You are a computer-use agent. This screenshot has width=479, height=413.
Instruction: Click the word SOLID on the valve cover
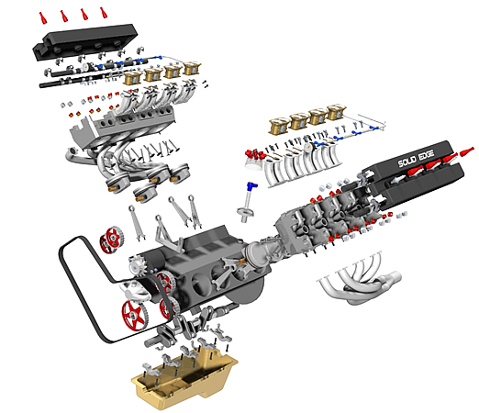407,162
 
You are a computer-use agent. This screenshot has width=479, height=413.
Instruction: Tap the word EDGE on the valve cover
427,155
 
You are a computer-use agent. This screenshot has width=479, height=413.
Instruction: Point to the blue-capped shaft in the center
247,202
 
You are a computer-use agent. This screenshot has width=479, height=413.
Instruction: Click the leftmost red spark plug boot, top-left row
43,17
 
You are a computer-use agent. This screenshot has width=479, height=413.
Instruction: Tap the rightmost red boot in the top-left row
104,13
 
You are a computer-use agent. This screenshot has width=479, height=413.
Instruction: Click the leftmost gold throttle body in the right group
279,126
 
